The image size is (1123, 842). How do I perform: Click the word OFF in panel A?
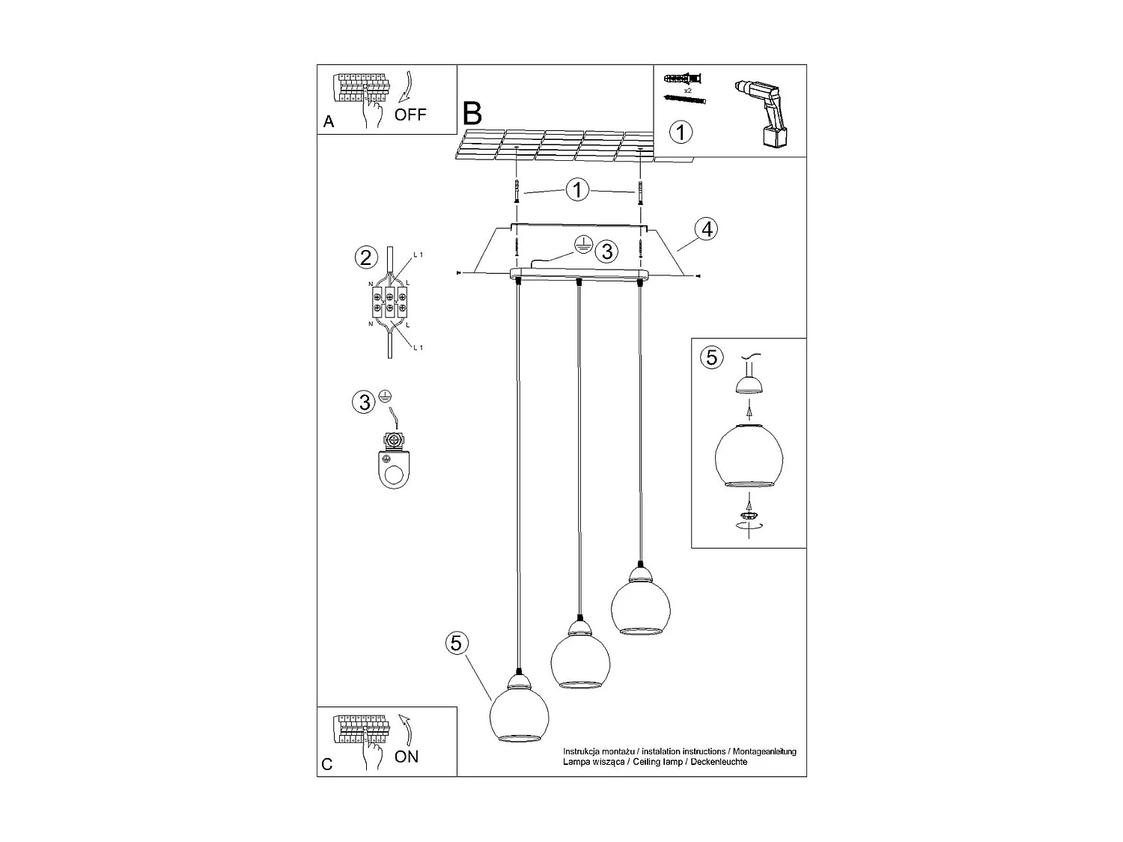point(410,115)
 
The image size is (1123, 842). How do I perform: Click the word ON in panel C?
point(407,757)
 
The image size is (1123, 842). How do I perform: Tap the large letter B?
point(472,114)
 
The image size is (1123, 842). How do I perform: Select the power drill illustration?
point(762,112)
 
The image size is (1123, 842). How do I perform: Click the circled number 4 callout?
point(705,229)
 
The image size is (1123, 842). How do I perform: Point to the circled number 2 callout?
point(365,258)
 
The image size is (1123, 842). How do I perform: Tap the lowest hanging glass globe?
point(520,711)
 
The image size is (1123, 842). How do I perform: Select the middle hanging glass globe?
point(580,658)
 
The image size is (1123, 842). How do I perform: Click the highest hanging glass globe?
point(641,606)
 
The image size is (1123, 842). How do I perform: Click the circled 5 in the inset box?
point(711,358)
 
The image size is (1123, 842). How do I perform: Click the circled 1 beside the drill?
point(680,132)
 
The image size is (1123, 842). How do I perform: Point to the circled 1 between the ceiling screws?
point(578,190)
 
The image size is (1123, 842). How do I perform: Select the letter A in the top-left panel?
point(329,121)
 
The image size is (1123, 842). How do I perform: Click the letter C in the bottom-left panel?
point(327,764)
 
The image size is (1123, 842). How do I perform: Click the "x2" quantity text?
point(687,90)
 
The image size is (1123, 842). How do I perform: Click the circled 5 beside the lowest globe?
point(458,642)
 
